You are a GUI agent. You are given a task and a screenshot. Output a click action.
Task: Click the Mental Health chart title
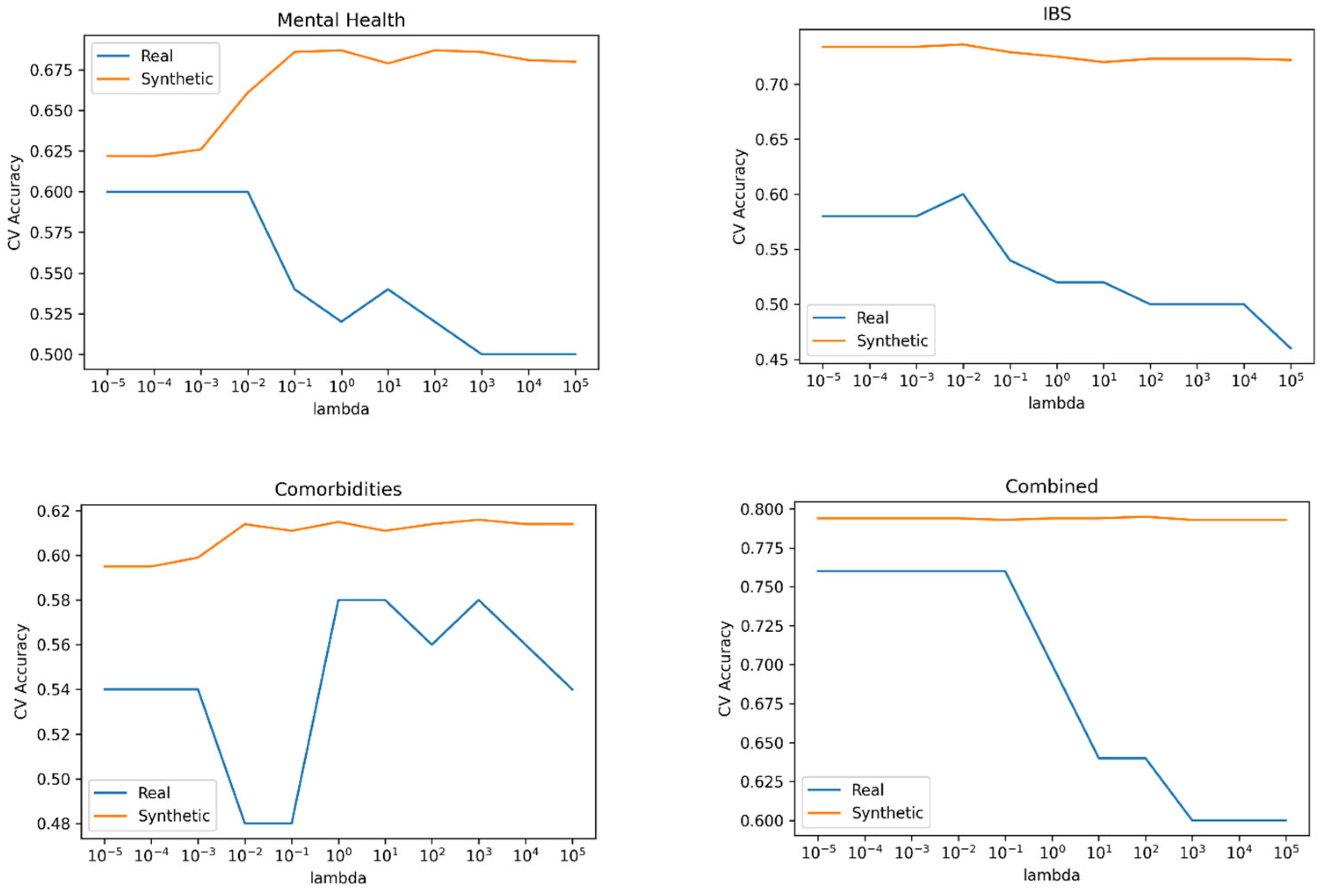point(341,20)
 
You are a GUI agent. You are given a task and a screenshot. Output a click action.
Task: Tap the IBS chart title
point(1056,13)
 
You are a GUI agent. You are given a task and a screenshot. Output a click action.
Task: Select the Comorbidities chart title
point(338,489)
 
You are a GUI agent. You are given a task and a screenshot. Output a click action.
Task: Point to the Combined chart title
point(1051,486)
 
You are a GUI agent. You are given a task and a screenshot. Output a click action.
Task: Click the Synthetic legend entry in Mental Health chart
point(176,79)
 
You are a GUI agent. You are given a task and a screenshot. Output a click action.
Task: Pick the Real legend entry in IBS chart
point(872,317)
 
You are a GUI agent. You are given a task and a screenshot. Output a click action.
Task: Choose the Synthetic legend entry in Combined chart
point(887,813)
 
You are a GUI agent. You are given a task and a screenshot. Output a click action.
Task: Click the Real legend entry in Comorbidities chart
point(154,793)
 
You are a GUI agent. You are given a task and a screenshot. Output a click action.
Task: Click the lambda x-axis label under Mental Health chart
point(341,409)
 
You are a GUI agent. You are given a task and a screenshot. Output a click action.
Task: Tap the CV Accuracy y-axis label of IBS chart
point(739,197)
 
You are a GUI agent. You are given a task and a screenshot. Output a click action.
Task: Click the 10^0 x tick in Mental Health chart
point(342,387)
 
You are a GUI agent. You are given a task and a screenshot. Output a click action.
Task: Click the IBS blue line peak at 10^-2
point(963,194)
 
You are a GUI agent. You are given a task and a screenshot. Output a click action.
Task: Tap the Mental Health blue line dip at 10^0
point(341,322)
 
